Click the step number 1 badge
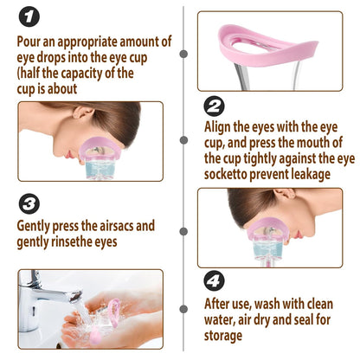(x=30, y=16)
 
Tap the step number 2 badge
(x=213, y=106)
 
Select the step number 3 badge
(x=30, y=202)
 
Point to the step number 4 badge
(x=213, y=281)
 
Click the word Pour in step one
(x=31, y=41)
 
